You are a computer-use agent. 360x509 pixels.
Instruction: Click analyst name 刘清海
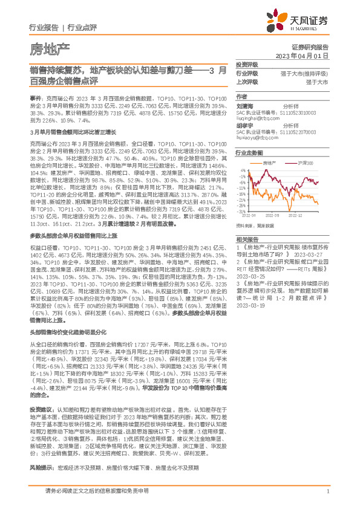pyautogui.click(x=244, y=104)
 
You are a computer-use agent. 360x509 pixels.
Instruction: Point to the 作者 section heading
pyautogui.click(x=241, y=96)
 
